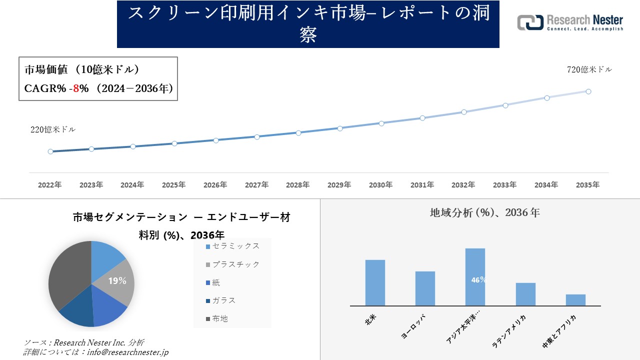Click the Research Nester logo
tap(570, 22)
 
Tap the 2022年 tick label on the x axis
tap(50, 185)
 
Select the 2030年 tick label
tap(380, 185)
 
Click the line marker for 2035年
tap(588, 91)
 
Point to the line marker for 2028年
tap(298, 133)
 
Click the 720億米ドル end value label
tap(589, 70)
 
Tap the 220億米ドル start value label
tap(53, 129)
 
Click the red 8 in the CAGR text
tap(76, 88)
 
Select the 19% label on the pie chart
tap(117, 281)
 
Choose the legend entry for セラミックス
tap(232, 246)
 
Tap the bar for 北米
tap(375, 282)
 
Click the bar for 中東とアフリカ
tap(575, 300)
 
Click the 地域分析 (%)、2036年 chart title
tap(484, 212)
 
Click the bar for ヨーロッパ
tap(425, 288)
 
